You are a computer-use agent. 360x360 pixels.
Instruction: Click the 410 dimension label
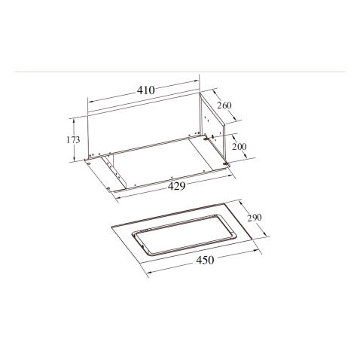146,90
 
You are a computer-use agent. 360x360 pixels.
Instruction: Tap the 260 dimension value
224,105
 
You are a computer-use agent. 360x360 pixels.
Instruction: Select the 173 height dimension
73,139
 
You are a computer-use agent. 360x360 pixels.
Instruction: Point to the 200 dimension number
239,147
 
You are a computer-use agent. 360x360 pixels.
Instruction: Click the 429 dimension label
177,186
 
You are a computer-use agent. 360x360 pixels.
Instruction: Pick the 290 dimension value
255,218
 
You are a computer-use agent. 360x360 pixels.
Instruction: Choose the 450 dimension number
205,260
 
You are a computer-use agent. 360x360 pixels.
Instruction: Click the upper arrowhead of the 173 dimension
74,121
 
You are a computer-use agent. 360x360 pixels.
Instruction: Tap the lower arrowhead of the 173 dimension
74,159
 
